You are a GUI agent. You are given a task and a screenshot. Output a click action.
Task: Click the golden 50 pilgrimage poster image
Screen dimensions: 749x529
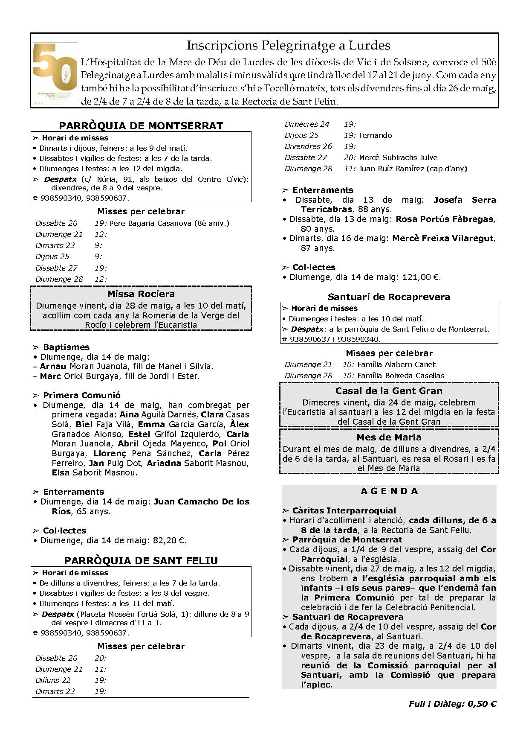coord(55,74)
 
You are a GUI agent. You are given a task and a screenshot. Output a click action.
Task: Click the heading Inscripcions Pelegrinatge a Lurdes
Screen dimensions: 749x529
coord(288,45)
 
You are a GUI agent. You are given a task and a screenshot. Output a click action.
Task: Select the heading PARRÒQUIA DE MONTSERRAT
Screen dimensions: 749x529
coord(141,125)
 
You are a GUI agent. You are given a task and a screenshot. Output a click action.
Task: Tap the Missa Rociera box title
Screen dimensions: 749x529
coord(141,294)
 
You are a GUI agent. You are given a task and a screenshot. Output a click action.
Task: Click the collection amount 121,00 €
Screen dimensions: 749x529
coord(421,277)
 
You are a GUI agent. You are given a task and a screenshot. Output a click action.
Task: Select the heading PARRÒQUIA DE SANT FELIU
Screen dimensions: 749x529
coord(141,560)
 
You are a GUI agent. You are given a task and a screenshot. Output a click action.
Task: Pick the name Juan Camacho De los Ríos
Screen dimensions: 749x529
coord(201,502)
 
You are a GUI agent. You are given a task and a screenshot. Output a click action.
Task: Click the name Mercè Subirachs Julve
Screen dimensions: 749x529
coord(398,157)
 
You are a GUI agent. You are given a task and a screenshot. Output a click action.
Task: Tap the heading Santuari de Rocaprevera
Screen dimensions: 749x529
coord(389,297)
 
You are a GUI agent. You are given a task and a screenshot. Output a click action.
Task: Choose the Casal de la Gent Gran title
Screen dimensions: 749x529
coord(389,391)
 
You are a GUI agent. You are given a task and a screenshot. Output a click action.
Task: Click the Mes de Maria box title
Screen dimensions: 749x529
coord(389,437)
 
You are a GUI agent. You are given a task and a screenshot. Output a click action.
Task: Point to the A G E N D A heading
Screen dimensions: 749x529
coord(389,491)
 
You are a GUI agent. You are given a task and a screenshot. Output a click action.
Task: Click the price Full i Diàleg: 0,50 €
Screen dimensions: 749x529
coord(452,704)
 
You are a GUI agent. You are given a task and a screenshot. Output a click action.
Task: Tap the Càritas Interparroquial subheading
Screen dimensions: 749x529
coord(344,510)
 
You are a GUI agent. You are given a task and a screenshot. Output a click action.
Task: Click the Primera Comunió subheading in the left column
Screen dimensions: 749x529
coord(82,395)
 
